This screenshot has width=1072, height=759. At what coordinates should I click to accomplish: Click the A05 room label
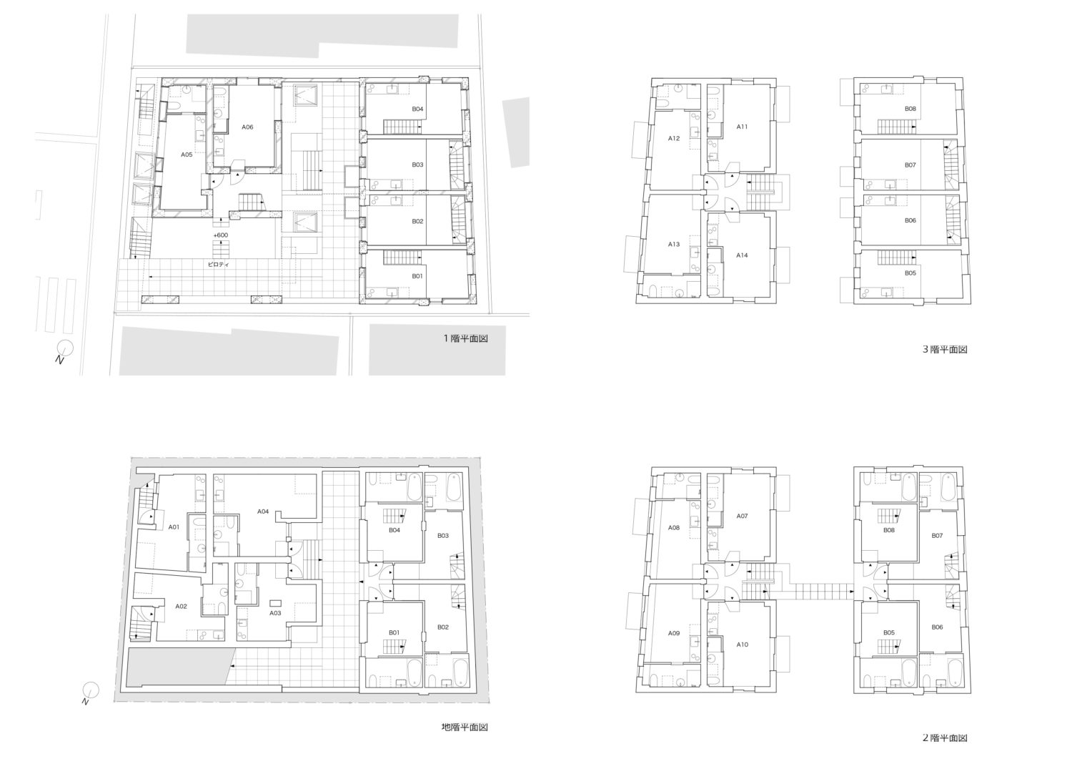coord(187,155)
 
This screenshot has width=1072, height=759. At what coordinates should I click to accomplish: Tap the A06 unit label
coord(247,127)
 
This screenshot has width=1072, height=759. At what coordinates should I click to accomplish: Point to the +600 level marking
coord(221,235)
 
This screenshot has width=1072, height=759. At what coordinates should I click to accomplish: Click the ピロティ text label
coord(219,264)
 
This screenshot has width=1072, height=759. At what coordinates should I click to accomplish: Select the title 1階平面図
coord(465,338)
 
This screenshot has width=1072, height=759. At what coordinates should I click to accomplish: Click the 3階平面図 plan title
coord(945,349)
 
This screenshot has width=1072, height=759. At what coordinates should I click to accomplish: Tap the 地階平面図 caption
coord(465,727)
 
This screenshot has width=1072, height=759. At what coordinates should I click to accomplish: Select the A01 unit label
coord(174,527)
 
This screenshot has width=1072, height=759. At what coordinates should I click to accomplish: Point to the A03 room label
coord(275,613)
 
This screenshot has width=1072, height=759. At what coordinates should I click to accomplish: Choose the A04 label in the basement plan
coord(263,511)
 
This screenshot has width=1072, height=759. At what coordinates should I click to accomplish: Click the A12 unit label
coord(674,139)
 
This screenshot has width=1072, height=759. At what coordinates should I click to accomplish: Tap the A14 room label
coord(742,255)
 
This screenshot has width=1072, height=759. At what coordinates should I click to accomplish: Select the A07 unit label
coord(742,516)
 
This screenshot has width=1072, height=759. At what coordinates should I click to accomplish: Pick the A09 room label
coord(674,633)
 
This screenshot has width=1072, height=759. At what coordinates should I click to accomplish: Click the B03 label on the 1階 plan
coord(418,165)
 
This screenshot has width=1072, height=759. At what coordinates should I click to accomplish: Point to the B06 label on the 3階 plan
coord(910,220)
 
